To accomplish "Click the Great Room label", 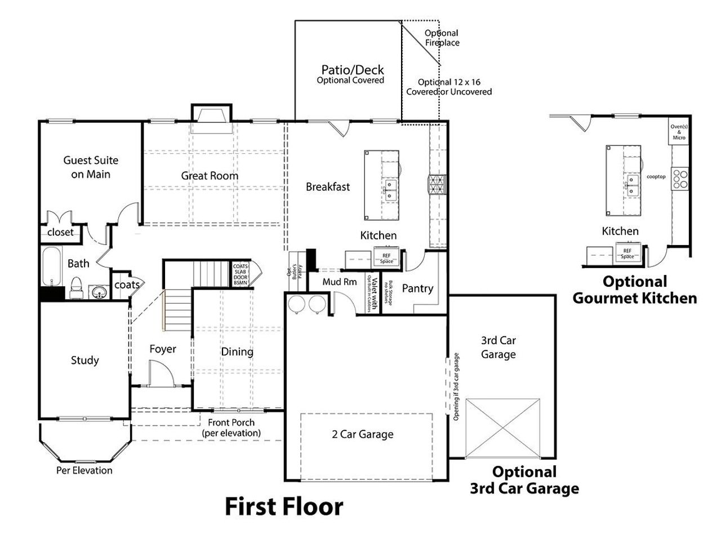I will coord(210,176).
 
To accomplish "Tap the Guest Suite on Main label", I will coord(91,167).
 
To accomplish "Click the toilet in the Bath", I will coord(77,288).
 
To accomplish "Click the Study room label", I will coord(85,360).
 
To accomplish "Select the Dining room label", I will coord(237,352).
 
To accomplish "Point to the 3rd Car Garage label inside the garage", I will coord(499,348).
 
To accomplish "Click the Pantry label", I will coord(417,288).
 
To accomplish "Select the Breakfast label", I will coord(328,186).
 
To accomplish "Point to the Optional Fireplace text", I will coord(442,38).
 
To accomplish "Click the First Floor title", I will coord(284,506).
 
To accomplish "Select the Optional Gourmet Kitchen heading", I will coord(634,290).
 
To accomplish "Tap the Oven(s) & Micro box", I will coord(679,132).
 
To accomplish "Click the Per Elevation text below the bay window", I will coord(84,470).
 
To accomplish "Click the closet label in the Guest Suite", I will coord(60,232).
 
